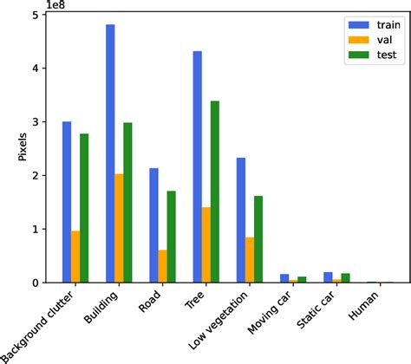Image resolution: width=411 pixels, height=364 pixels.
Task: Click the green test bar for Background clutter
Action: [x=84, y=208]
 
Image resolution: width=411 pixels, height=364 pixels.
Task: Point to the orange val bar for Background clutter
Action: [x=75, y=257]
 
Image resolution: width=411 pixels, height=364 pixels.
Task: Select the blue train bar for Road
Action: [x=153, y=225]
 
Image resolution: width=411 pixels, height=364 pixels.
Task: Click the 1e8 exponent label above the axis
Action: [x=62, y=7]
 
